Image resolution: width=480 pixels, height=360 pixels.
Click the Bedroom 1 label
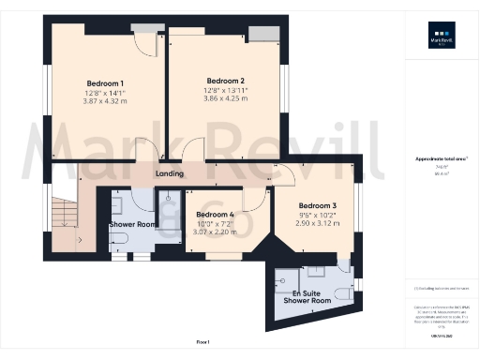pyautogui.click(x=105, y=82)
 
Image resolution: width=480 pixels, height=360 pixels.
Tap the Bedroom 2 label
pyautogui.click(x=225, y=81)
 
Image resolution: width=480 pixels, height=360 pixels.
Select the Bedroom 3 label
pyautogui.click(x=316, y=205)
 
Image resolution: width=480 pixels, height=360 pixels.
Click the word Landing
pyautogui.click(x=170, y=173)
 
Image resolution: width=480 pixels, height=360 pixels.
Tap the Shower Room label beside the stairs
pyautogui.click(x=131, y=225)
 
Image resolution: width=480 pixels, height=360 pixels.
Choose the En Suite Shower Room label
pyautogui.click(x=307, y=297)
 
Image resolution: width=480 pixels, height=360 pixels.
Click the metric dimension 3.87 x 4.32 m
pyautogui.click(x=105, y=100)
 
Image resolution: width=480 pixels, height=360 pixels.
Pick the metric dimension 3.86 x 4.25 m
pyautogui.click(x=225, y=98)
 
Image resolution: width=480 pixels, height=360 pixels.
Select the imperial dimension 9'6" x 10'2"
pyautogui.click(x=316, y=215)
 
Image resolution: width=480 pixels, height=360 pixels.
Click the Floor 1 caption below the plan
pyautogui.click(x=202, y=341)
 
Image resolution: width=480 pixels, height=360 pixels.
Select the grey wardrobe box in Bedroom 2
pyautogui.click(x=270, y=34)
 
